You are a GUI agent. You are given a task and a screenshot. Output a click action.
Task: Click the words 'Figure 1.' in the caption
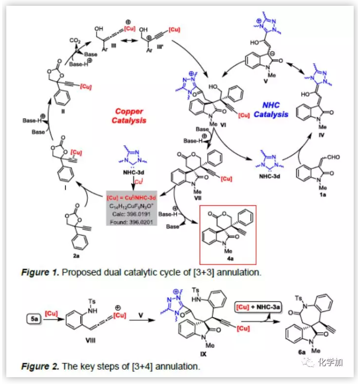tap(41, 273)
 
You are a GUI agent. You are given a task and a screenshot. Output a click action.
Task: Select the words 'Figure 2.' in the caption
tap(41, 366)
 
